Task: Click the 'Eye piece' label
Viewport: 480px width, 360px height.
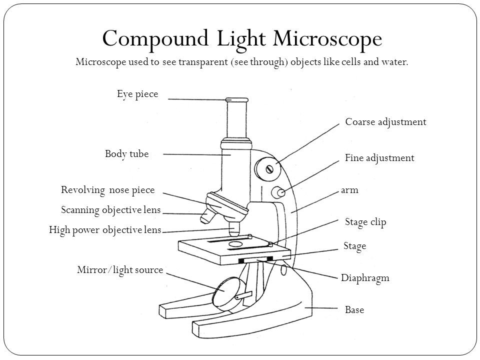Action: tap(137, 94)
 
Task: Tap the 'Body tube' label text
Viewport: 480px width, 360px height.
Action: tap(127, 154)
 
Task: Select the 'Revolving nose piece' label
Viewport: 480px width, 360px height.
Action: tap(108, 190)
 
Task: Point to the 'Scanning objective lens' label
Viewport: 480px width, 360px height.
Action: tap(110, 210)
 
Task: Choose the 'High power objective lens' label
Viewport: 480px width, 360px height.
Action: tap(105, 230)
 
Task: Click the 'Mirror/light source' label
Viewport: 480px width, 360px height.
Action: tap(120, 270)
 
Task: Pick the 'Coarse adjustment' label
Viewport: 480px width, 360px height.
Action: tap(385, 122)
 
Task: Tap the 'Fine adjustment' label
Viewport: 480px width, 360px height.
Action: tap(379, 158)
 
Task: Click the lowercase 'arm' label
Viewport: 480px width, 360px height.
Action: tap(350, 190)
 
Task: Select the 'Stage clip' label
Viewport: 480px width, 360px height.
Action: tap(365, 222)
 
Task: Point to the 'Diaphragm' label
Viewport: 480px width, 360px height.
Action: tap(364, 278)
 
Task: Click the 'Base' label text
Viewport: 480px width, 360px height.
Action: tap(354, 310)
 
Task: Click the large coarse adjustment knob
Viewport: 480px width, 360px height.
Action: tap(266, 167)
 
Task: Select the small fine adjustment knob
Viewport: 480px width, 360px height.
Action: tap(278, 192)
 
